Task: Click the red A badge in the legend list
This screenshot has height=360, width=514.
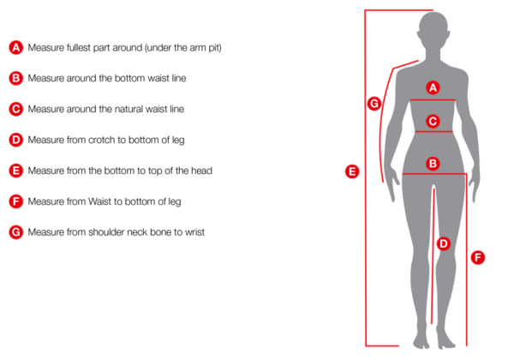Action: click(15, 47)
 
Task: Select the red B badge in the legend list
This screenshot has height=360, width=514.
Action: click(15, 78)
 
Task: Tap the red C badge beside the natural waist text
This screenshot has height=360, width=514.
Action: click(15, 109)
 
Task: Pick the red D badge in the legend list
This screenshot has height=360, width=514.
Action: click(15, 140)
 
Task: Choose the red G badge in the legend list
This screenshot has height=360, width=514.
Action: click(15, 232)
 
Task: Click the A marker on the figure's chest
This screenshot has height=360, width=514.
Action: click(433, 87)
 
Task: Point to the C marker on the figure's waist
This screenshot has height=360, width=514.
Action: click(433, 122)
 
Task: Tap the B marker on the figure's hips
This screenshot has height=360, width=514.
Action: click(433, 164)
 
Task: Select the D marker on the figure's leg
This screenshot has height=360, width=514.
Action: click(444, 243)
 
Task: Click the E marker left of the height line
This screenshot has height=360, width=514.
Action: click(352, 171)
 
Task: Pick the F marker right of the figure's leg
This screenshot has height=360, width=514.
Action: click(478, 257)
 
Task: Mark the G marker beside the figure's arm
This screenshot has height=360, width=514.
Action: click(374, 104)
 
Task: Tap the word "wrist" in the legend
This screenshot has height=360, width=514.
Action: click(194, 232)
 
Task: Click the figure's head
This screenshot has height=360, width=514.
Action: click(433, 31)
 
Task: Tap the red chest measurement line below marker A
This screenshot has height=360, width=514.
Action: click(433, 99)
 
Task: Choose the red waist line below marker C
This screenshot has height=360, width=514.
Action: click(434, 132)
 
